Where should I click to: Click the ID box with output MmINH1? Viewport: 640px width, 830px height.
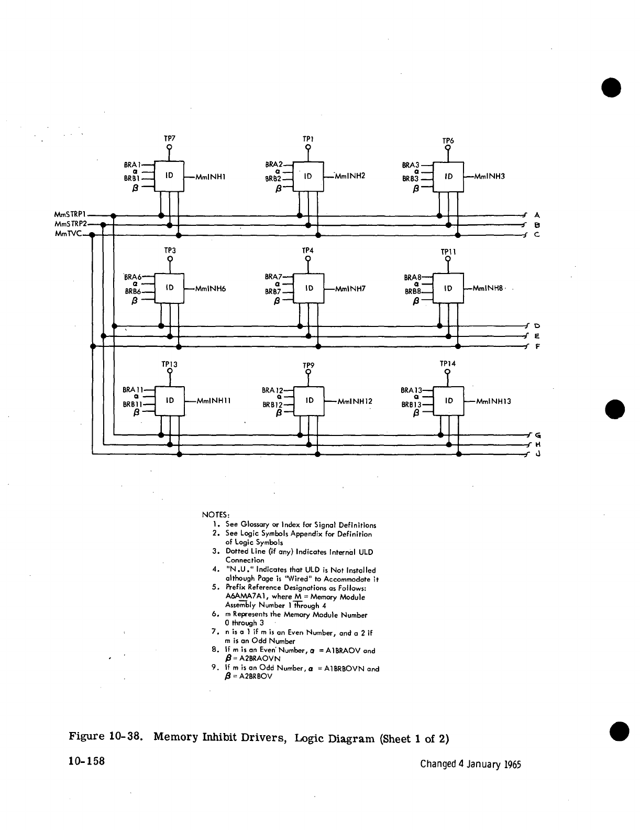(169, 177)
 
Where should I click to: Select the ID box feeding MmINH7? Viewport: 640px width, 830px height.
(309, 288)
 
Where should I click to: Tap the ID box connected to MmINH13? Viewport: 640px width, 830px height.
(449, 401)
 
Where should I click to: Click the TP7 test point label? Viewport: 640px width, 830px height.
(169, 138)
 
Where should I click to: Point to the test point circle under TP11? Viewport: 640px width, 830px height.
(448, 258)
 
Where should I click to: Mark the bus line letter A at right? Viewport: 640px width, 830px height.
(537, 215)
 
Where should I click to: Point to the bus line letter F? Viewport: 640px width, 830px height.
(537, 346)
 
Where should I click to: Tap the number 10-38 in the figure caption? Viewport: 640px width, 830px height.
(126, 738)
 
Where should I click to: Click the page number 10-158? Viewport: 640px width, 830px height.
(87, 761)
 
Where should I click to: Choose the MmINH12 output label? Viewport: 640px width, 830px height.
(355, 401)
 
